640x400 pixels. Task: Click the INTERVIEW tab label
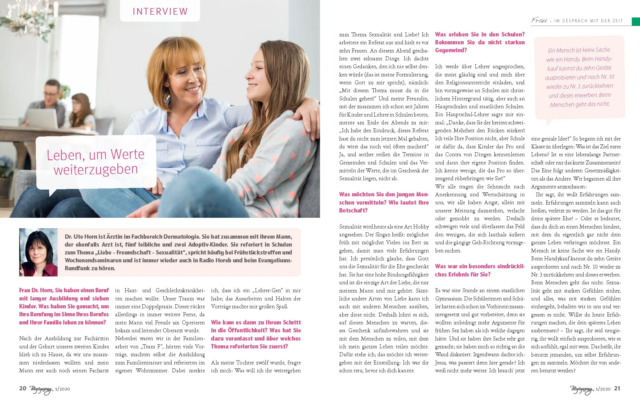[x=160, y=11]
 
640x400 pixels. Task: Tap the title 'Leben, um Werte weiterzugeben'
[x=96, y=162]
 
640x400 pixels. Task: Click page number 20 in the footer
[x=23, y=388]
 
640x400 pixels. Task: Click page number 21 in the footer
[x=617, y=388]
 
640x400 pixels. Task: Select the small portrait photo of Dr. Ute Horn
[x=38, y=252]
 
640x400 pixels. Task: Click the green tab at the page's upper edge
[x=636, y=21]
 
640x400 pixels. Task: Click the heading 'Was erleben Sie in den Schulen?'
[x=480, y=34]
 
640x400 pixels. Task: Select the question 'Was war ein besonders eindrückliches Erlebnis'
[x=480, y=270]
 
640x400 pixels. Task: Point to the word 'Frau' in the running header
[x=539, y=20]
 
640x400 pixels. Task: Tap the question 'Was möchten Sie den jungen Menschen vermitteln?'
[x=384, y=202]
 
